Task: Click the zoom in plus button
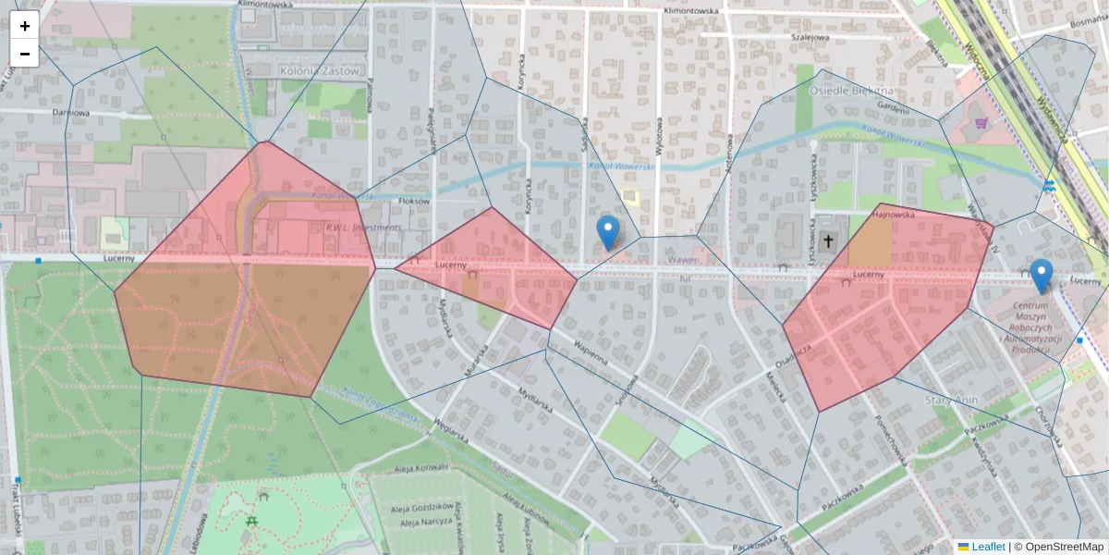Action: click(x=25, y=26)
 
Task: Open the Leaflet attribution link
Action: click(x=987, y=547)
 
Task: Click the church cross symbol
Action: click(x=828, y=242)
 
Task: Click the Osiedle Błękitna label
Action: click(x=851, y=91)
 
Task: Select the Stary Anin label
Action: click(x=951, y=400)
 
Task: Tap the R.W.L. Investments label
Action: click(x=362, y=227)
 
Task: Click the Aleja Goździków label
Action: click(x=420, y=507)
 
